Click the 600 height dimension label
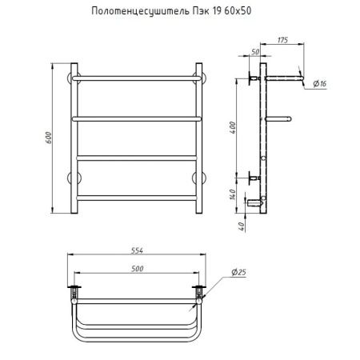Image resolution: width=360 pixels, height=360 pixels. (49, 138)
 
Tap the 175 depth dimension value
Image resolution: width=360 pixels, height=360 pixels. (282, 40)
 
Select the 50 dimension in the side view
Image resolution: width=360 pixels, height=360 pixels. (255, 52)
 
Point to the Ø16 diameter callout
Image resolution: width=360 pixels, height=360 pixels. (320, 84)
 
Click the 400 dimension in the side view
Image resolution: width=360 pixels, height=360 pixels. (233, 127)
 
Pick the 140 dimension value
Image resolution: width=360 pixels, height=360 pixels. (232, 194)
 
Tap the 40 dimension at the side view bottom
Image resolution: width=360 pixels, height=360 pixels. (241, 226)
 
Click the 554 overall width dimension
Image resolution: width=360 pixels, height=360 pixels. (137, 250)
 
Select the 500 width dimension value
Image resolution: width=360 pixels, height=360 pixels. (138, 269)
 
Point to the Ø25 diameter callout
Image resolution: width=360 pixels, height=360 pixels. (238, 272)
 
